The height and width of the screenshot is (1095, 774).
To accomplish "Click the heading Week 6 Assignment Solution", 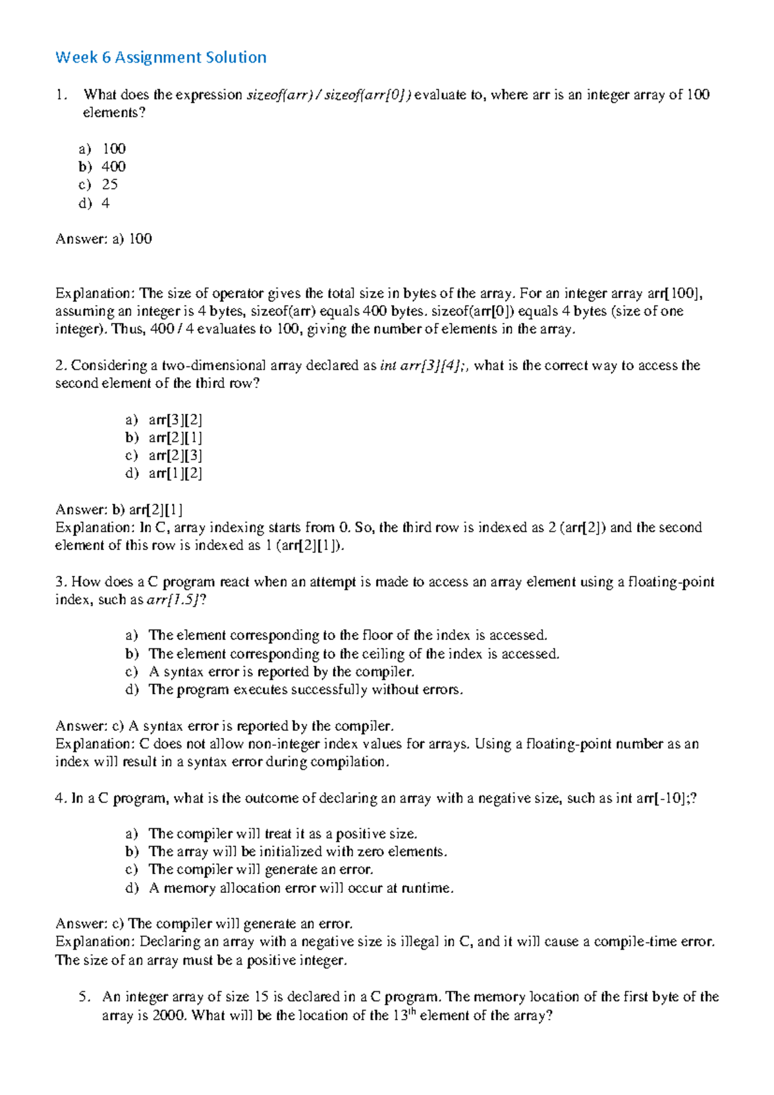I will (x=161, y=57).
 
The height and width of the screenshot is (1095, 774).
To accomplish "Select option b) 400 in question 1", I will (x=103, y=167).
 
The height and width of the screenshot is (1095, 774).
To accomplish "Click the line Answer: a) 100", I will (x=104, y=239).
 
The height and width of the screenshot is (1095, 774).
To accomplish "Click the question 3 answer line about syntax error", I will (x=224, y=726).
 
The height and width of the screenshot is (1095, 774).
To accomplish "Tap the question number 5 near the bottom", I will (x=83, y=997).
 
